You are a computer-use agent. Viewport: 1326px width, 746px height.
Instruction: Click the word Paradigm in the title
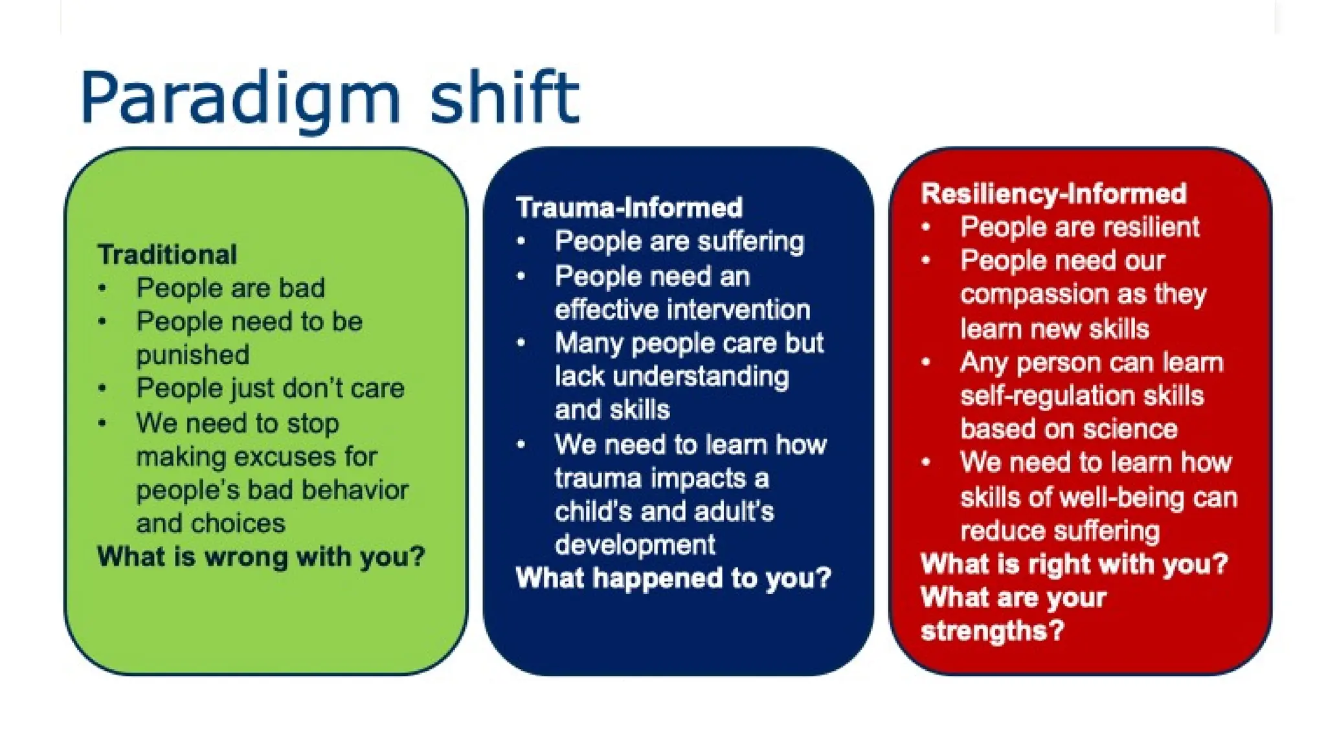pyautogui.click(x=240, y=98)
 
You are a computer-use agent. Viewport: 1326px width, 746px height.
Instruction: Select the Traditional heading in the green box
pyautogui.click(x=167, y=254)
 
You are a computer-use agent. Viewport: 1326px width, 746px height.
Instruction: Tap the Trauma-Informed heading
pyautogui.click(x=629, y=208)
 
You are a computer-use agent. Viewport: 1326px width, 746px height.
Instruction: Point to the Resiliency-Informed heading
pyautogui.click(x=1053, y=194)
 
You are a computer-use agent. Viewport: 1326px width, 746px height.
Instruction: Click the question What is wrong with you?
pyautogui.click(x=261, y=557)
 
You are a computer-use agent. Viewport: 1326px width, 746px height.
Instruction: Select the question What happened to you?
pyautogui.click(x=673, y=578)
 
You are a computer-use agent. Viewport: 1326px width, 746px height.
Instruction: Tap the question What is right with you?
pyautogui.click(x=1073, y=564)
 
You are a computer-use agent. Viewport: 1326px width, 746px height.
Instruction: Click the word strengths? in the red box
pyautogui.click(x=992, y=631)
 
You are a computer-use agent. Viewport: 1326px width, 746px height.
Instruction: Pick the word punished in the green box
pyautogui.click(x=192, y=355)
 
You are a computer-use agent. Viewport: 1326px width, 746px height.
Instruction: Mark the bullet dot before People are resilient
pyautogui.click(x=927, y=227)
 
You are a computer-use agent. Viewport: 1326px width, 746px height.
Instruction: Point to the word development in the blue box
pyautogui.click(x=635, y=545)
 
